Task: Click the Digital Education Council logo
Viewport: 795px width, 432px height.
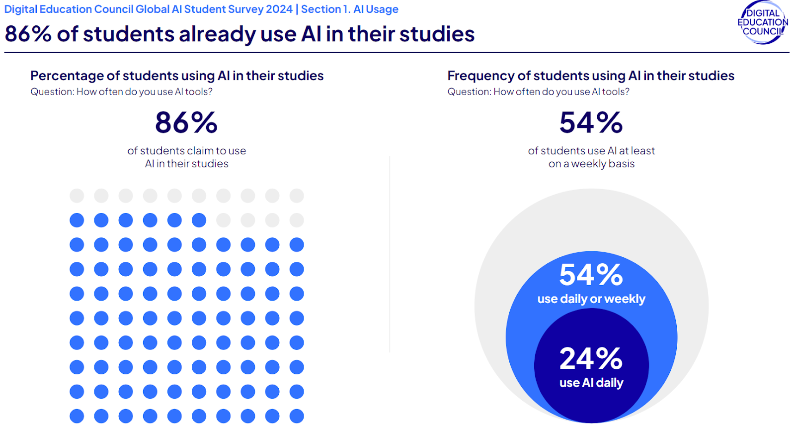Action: tap(762, 23)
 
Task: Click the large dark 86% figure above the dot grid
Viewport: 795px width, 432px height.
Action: tap(186, 123)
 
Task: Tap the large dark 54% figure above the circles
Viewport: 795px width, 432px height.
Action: tap(591, 123)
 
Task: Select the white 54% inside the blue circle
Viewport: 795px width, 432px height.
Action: tap(591, 275)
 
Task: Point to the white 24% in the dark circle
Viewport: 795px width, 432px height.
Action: tap(591, 358)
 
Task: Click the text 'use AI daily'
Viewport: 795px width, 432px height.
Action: tap(591, 383)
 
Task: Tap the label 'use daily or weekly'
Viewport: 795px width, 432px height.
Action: tap(591, 299)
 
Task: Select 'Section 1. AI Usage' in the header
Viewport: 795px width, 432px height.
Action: tap(349, 9)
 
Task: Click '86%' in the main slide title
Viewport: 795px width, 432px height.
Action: tap(28, 34)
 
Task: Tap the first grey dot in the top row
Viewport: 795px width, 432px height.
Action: tap(77, 196)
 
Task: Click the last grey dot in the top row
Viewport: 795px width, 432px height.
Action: tap(297, 196)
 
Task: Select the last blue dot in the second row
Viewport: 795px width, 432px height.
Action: tap(199, 220)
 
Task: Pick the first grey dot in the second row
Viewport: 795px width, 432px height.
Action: tap(223, 220)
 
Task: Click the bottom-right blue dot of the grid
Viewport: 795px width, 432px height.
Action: tap(297, 416)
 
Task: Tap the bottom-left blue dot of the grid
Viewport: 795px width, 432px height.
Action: tap(77, 416)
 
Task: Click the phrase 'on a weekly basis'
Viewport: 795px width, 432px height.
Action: tap(591, 164)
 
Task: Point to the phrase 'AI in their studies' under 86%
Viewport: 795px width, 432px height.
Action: tap(186, 164)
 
